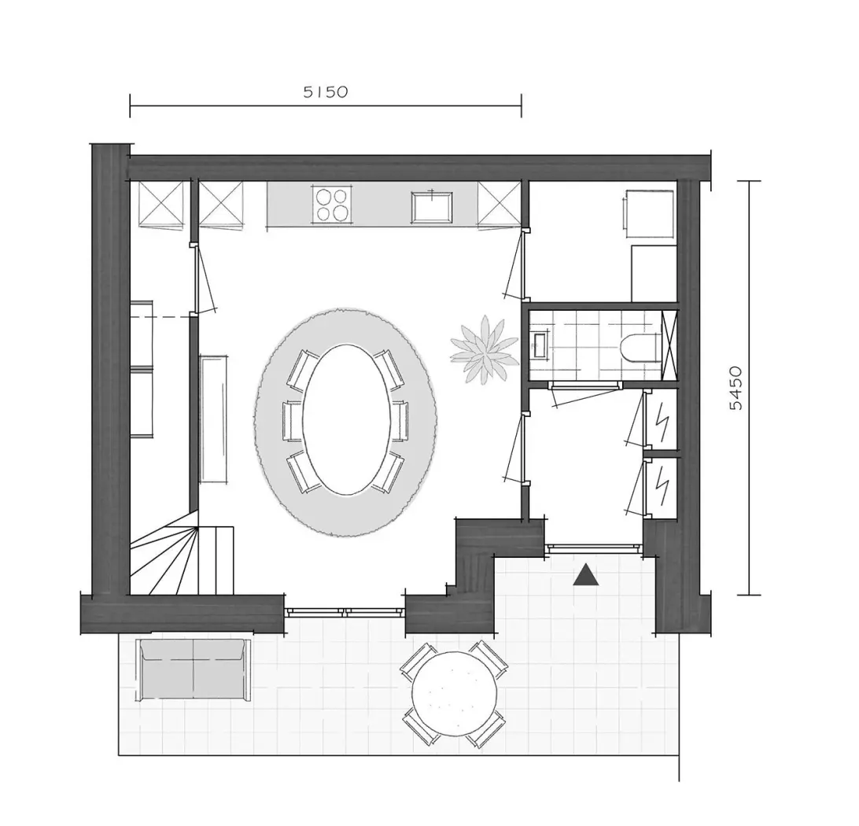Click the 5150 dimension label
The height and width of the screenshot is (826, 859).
[326, 91]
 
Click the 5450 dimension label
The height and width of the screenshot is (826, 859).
[737, 388]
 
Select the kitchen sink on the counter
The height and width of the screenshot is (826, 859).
[432, 207]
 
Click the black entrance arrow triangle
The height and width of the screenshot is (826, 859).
[585, 574]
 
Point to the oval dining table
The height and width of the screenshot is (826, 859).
[348, 419]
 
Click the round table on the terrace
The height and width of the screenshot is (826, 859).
[455, 693]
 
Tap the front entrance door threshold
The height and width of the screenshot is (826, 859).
[594, 548]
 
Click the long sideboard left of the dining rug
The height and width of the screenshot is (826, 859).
[214, 419]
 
